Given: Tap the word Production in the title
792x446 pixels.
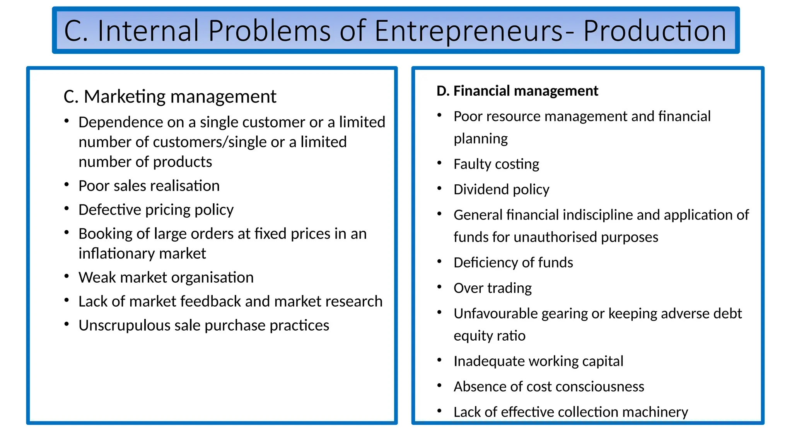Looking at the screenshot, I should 654,31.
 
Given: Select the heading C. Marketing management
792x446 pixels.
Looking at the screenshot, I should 170,96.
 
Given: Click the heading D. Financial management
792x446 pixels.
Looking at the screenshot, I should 517,91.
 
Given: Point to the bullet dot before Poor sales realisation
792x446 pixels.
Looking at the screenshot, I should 67,185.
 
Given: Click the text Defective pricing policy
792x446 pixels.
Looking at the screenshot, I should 156,210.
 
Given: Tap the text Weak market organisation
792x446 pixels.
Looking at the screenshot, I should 166,278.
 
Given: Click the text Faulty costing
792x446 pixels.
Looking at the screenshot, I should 496,164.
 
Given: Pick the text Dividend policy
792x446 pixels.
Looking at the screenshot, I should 501,190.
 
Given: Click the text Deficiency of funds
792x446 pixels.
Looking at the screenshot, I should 513,263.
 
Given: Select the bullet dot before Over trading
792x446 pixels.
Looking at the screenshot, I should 439,287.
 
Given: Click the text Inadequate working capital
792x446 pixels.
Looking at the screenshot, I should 538,361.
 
